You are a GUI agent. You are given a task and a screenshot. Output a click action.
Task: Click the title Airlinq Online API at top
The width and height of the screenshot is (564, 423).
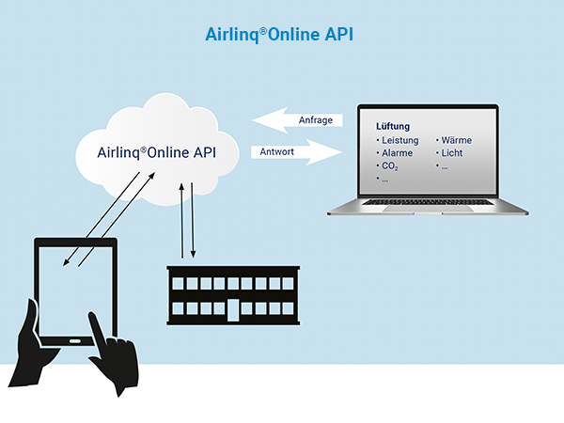(279, 35)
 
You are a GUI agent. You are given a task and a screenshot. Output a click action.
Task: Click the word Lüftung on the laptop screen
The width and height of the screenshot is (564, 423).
(392, 126)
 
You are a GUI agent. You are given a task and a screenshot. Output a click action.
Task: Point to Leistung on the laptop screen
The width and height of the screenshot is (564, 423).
(399, 140)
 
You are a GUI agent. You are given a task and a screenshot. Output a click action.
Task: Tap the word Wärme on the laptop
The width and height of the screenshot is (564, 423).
(456, 140)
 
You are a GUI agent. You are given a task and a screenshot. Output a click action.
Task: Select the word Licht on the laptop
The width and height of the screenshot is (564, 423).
(454, 153)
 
